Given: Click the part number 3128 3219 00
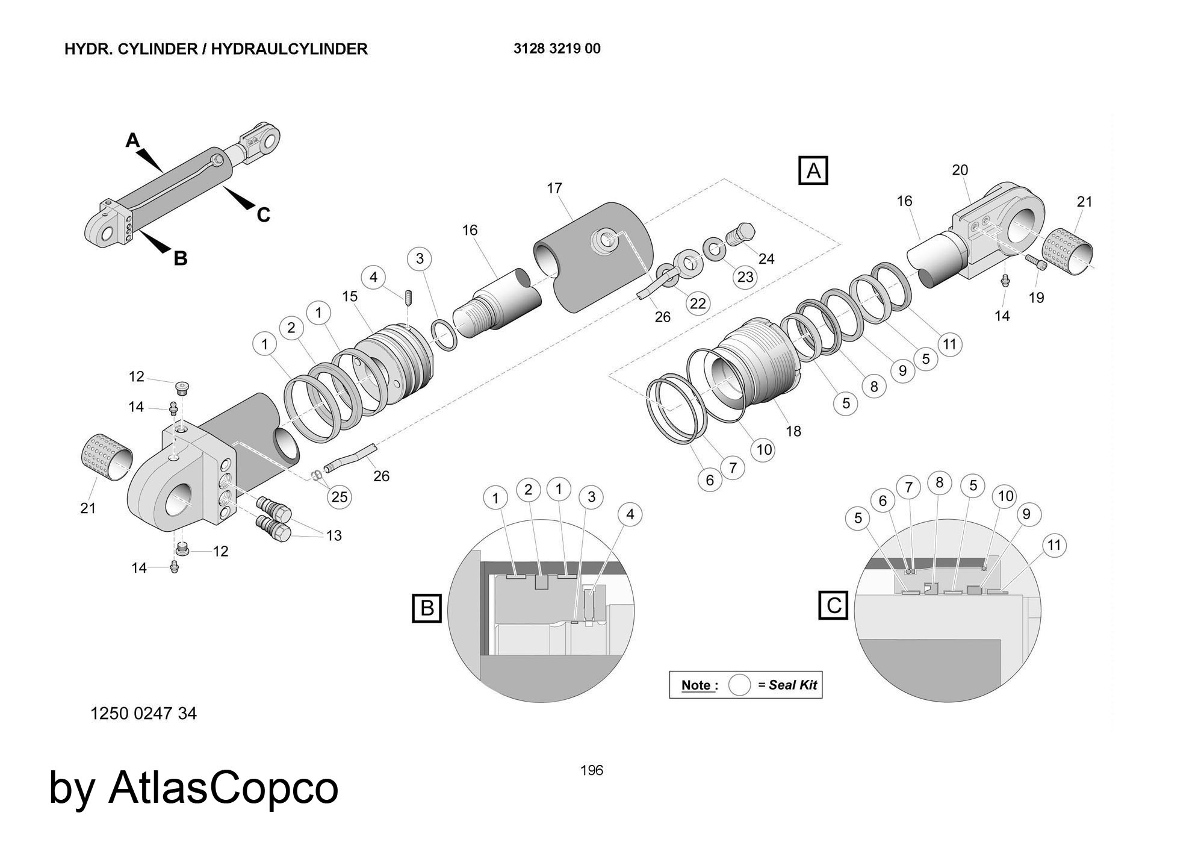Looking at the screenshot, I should (x=556, y=49).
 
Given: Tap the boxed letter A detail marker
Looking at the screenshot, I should (x=813, y=171).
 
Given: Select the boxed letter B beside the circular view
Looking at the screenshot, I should (x=427, y=608).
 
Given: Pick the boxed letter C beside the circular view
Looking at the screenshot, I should (x=834, y=605).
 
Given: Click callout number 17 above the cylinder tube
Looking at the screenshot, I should (x=554, y=189).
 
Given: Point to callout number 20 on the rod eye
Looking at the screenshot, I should (x=960, y=170).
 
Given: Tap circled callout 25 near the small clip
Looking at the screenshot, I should (x=340, y=497).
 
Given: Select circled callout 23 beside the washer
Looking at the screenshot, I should (x=745, y=277).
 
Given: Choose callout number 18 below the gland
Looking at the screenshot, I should (x=793, y=431).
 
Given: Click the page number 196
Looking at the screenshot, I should (x=591, y=770).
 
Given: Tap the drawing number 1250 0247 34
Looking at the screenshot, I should (x=143, y=714).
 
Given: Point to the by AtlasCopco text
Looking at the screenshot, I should (x=193, y=788).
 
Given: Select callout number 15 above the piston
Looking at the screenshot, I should (x=350, y=296).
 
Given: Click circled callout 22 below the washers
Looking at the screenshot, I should (x=698, y=304).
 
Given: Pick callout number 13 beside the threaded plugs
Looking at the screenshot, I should (x=334, y=535).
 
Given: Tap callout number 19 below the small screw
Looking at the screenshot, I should (x=1036, y=298).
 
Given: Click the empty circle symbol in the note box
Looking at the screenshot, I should (x=739, y=685).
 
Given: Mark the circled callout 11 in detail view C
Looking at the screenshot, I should (x=1053, y=545).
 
